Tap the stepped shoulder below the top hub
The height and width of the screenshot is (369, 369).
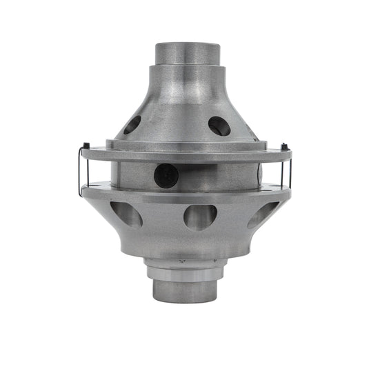pyautogui.click(x=187, y=74)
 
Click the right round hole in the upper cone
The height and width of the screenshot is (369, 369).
pyautogui.click(x=219, y=126)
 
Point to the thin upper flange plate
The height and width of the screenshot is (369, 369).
pyautogui.click(x=185, y=154)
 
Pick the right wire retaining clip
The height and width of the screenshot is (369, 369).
pyautogui.click(x=288, y=169)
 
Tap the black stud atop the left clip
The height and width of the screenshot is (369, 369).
pyautogui.click(x=85, y=146)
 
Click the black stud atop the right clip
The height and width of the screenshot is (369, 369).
pyautogui.click(x=283, y=146)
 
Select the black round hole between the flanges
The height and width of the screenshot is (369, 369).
pyautogui.click(x=166, y=175)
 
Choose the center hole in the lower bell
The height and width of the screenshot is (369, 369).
pyautogui.click(x=201, y=217)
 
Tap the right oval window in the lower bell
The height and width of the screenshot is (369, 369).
pyautogui.click(x=264, y=214)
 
